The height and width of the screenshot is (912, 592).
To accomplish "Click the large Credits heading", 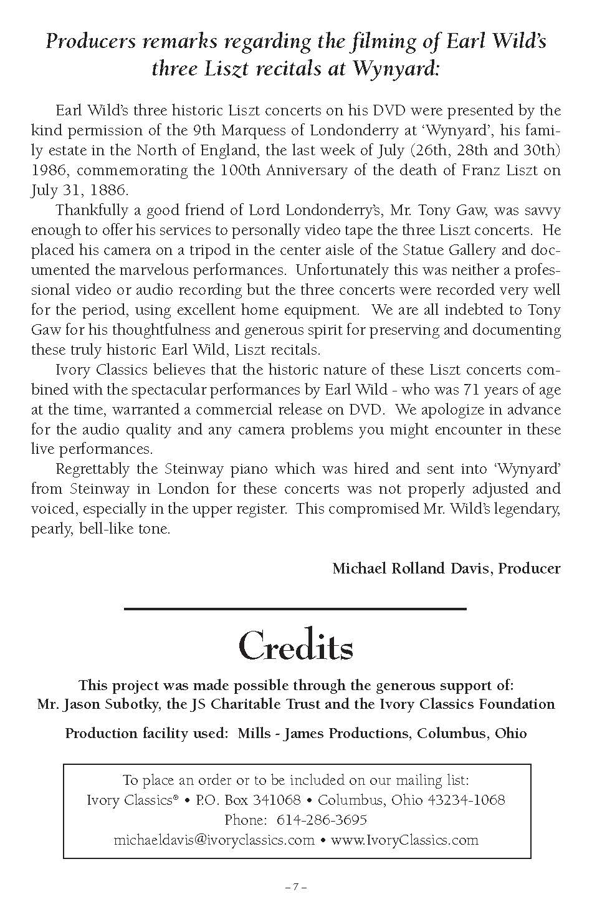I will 295,647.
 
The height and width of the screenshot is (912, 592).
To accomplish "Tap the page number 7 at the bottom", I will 295,886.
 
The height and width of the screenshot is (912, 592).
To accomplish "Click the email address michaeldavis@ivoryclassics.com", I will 214,839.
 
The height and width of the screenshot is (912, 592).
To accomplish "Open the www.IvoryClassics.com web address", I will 404,839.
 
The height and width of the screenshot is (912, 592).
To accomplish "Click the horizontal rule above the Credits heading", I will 295,608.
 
